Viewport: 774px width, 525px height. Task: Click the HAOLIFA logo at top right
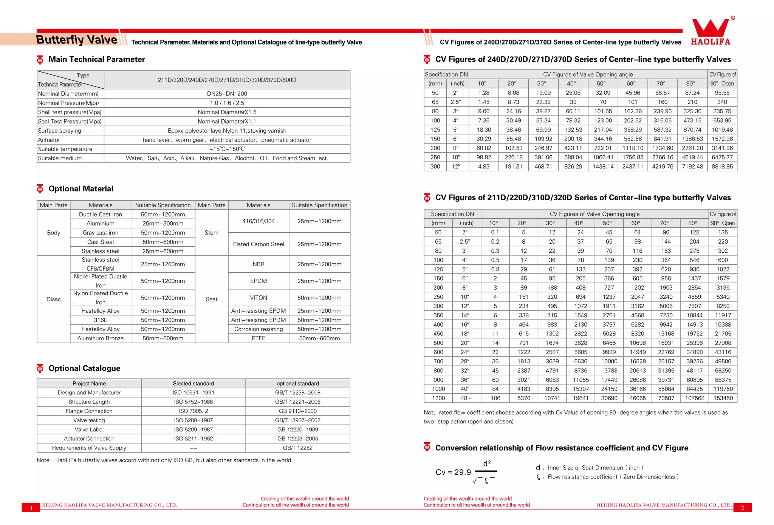[x=711, y=32]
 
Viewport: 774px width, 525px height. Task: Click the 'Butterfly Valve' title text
[x=77, y=40]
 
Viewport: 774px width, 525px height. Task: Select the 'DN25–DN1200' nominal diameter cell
[x=227, y=94]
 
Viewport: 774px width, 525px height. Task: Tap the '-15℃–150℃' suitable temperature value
[x=227, y=149]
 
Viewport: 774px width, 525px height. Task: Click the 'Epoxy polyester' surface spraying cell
[x=227, y=131]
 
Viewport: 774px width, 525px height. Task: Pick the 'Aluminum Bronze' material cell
[x=101, y=338]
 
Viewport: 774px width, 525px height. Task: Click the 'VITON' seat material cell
[x=259, y=298]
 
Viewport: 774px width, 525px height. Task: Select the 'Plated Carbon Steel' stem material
[x=259, y=244]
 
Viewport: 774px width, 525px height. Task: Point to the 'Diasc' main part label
[x=54, y=299]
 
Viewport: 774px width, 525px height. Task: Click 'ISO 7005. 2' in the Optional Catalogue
[x=193, y=411]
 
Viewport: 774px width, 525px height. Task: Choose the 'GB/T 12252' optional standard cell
[x=298, y=448]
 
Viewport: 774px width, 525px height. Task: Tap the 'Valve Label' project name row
[x=89, y=429]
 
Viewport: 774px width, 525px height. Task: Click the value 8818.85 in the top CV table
[x=722, y=167]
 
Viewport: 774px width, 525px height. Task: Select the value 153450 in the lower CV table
[x=723, y=398]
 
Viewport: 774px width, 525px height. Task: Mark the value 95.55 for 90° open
[x=722, y=93]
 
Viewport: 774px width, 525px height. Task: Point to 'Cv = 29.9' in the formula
[x=453, y=472]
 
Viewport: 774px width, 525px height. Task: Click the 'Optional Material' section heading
[x=81, y=189]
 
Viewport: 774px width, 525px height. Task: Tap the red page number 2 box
[x=742, y=507]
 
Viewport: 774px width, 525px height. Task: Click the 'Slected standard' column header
[x=193, y=383]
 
